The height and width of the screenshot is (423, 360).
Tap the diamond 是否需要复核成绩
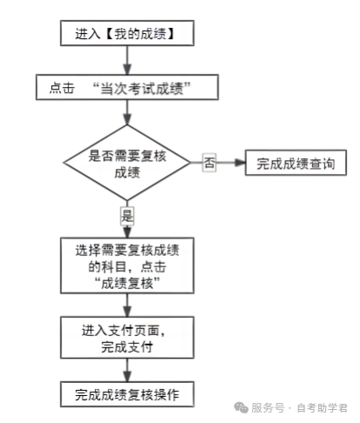pos(127,162)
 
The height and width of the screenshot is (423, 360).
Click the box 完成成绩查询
pos(290,162)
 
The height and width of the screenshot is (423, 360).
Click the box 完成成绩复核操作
pos(127,393)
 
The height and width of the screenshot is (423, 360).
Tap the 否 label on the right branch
pos(209,162)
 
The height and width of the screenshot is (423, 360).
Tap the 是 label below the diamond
pos(128,214)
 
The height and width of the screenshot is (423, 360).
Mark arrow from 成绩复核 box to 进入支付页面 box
pos(127,305)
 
